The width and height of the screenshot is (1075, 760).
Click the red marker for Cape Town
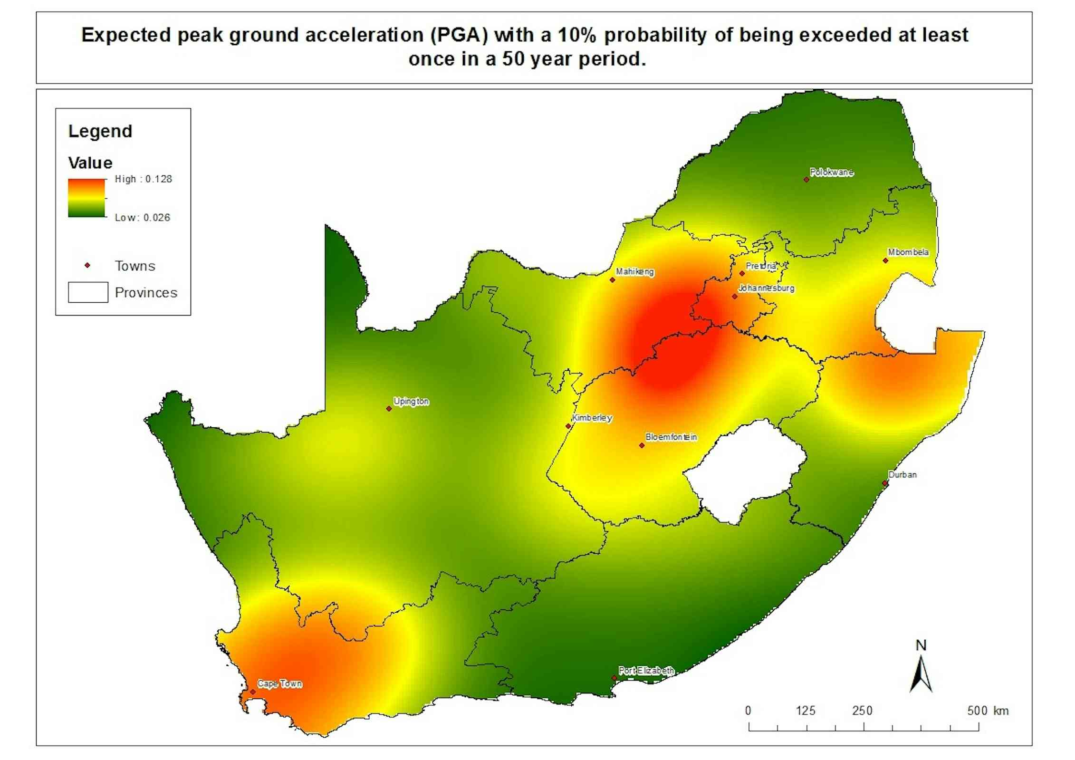tap(253, 692)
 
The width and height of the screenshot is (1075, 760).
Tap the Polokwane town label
tap(832, 173)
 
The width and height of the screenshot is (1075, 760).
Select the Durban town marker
tap(885, 483)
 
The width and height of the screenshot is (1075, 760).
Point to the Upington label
tap(411, 401)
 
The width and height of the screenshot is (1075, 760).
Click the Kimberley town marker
tap(568, 426)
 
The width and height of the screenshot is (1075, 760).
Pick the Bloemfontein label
tap(671, 437)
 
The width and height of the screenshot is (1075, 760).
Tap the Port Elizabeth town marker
tap(614, 678)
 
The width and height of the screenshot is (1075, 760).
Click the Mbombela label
tap(908, 252)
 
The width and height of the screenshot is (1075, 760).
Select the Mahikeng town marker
tap(612, 280)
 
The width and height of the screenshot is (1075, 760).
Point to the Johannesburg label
tap(766, 288)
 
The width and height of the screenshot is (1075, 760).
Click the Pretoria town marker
tap(742, 273)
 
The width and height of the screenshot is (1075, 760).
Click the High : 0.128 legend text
tap(144, 179)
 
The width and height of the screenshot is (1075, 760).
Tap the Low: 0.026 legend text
tap(143, 218)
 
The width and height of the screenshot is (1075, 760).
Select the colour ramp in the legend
tap(86, 198)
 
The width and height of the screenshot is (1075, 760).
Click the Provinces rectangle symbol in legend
tap(88, 292)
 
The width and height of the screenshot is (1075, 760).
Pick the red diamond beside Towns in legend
tap(87, 265)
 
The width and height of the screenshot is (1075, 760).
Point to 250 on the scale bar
tap(862, 711)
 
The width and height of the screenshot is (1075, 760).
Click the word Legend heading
tap(100, 131)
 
